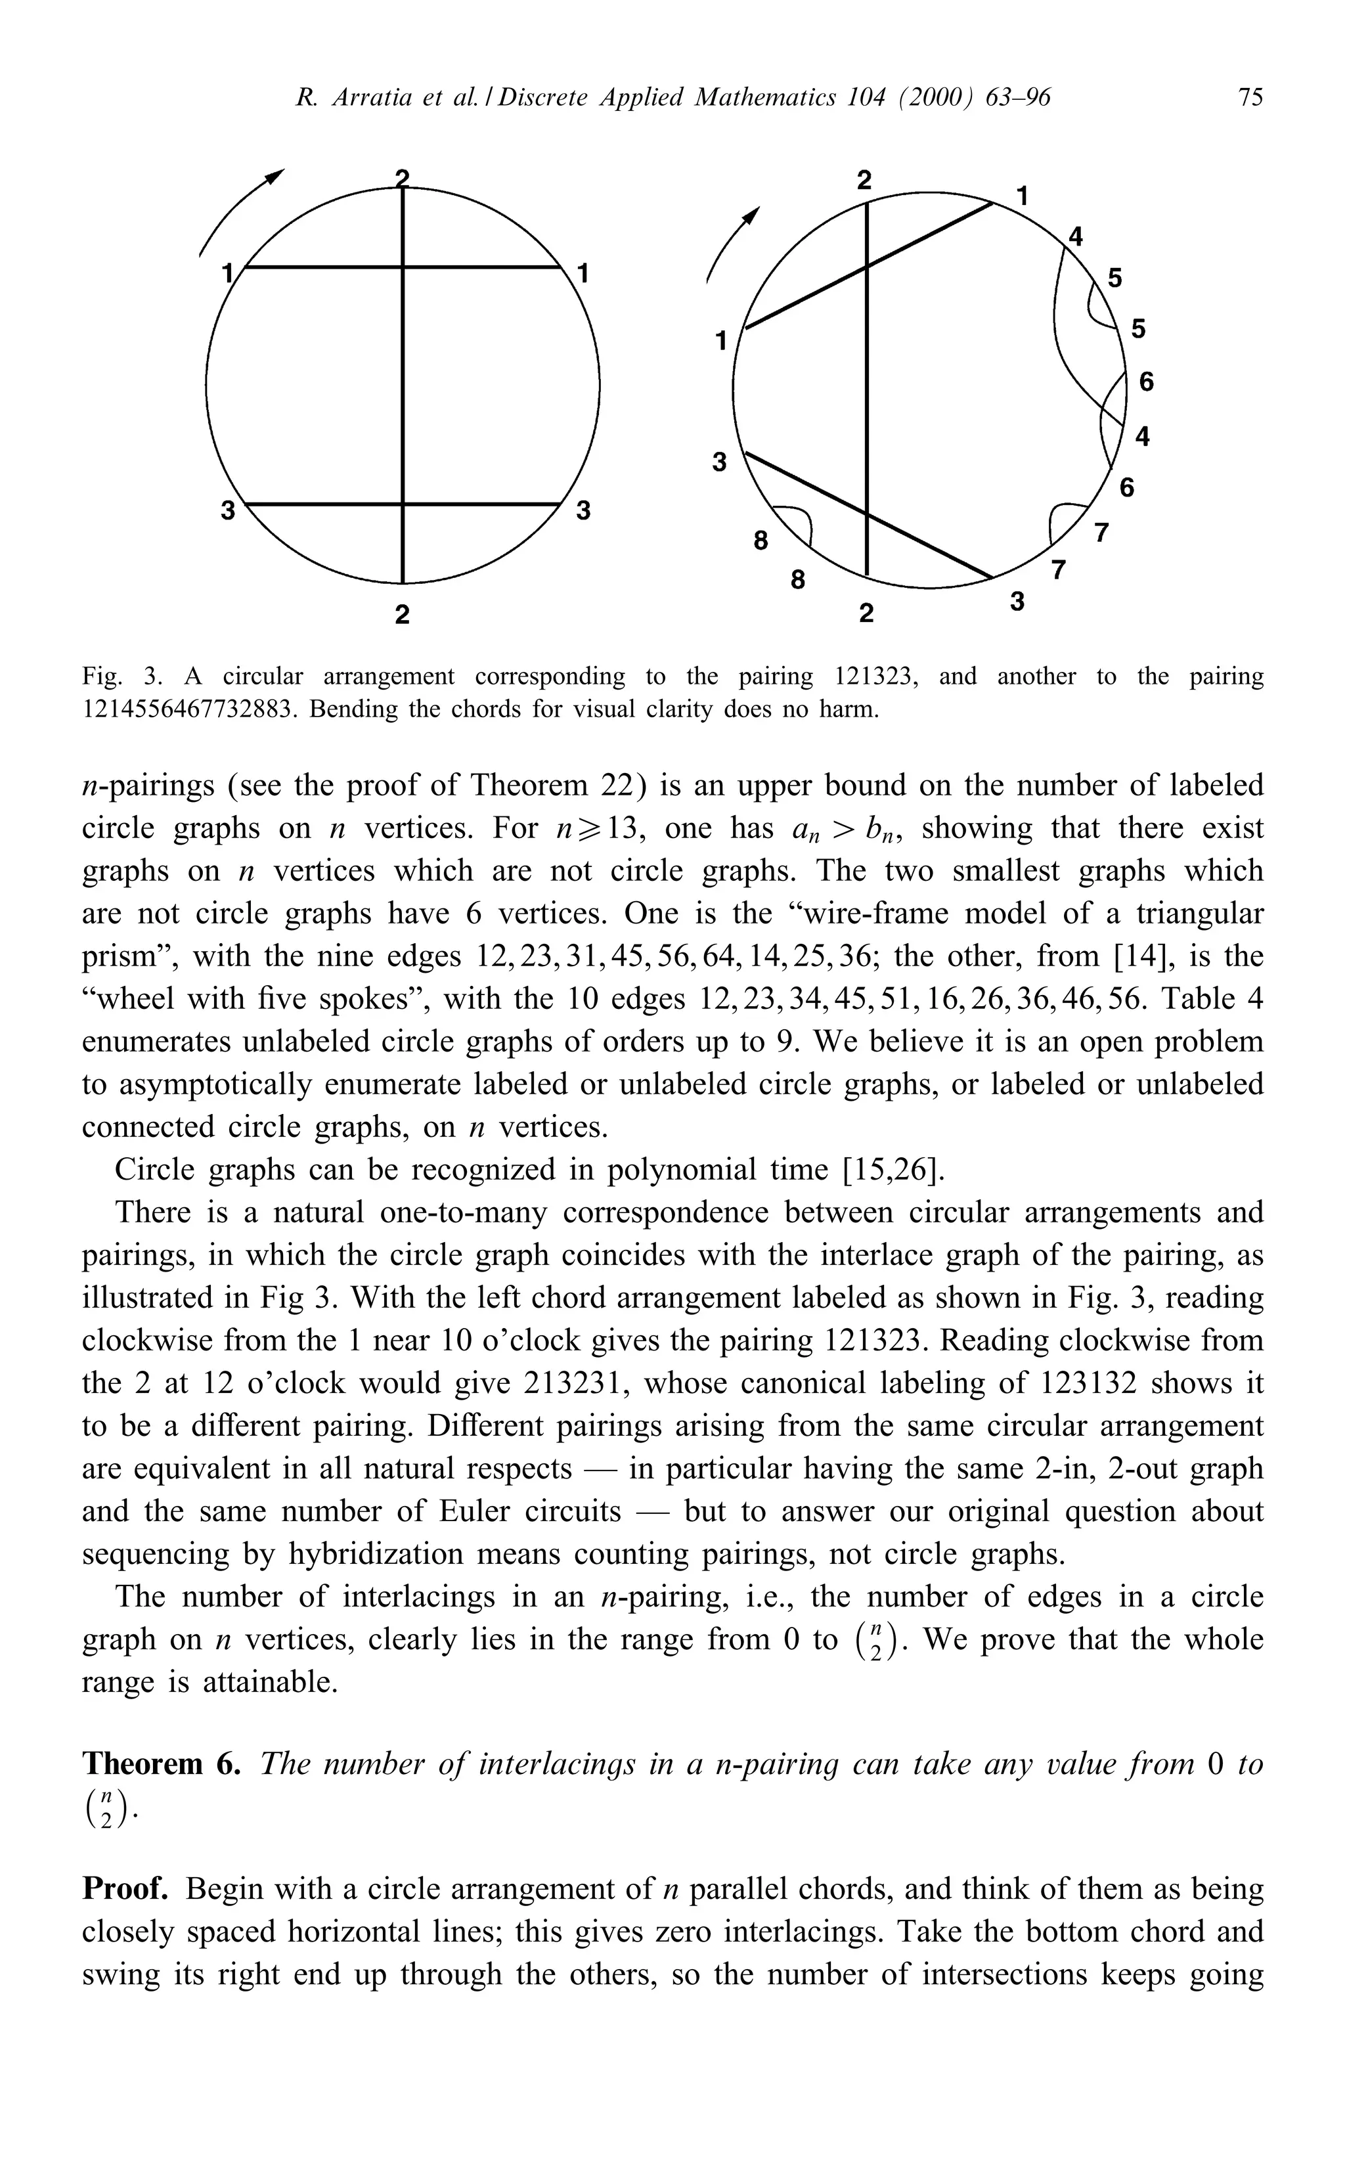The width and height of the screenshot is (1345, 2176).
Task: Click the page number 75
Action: point(1250,97)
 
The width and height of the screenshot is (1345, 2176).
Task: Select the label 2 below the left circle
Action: point(402,614)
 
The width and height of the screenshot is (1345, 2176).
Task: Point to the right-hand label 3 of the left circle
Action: point(584,512)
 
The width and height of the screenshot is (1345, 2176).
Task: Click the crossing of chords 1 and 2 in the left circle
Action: point(403,266)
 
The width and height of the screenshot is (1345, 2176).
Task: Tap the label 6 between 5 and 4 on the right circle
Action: point(1146,382)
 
